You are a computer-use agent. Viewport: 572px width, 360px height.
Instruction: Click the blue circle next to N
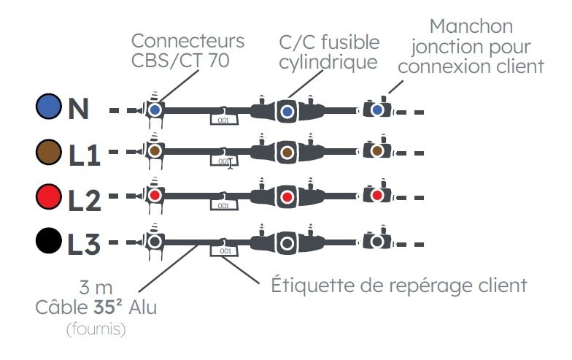click(x=49, y=108)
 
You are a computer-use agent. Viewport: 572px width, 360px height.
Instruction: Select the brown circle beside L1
click(x=49, y=152)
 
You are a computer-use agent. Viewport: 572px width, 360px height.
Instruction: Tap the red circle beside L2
click(x=49, y=196)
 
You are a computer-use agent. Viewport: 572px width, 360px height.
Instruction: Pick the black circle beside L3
click(x=49, y=240)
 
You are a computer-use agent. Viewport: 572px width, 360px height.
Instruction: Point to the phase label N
click(x=78, y=110)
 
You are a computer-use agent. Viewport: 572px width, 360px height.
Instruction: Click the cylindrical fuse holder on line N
click(x=287, y=111)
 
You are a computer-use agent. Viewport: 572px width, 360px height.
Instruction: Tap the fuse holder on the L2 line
click(x=287, y=196)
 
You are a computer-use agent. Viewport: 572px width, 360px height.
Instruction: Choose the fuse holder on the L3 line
click(x=287, y=242)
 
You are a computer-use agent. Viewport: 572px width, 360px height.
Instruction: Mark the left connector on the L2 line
click(x=155, y=196)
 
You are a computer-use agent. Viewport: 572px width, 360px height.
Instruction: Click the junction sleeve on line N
click(x=376, y=110)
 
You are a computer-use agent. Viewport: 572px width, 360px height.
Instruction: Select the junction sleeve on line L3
click(x=376, y=241)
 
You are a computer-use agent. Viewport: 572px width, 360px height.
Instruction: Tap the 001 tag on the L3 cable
click(x=224, y=251)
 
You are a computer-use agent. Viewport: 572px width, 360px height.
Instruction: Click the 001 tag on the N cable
click(x=224, y=118)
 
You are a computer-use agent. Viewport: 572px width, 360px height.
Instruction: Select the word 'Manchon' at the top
click(x=471, y=27)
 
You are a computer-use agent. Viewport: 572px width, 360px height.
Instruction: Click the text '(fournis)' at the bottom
click(x=96, y=329)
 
